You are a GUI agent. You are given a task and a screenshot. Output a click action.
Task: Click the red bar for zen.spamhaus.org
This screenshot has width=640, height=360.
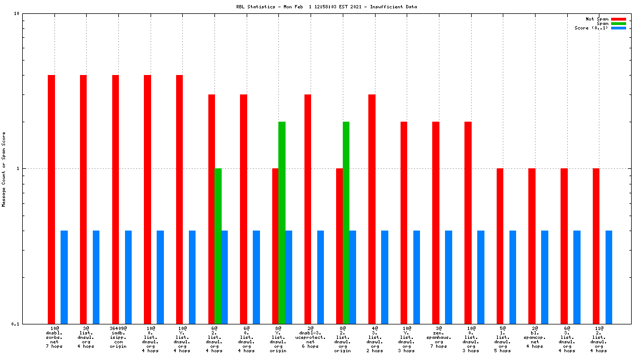[x=436, y=222]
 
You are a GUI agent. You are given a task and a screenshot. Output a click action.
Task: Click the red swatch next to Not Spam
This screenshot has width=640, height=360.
[x=618, y=19]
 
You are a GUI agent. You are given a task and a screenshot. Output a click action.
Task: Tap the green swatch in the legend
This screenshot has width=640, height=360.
[x=618, y=23]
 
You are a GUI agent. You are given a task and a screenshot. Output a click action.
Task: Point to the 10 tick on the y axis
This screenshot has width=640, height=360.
[x=17, y=13]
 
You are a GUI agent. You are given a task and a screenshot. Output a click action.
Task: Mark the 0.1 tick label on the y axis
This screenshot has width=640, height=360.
[x=16, y=324]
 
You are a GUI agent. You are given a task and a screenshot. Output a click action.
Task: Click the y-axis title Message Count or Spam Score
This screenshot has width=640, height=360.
[x=4, y=169]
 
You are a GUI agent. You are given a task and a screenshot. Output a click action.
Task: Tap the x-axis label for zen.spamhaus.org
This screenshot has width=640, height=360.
[x=439, y=337]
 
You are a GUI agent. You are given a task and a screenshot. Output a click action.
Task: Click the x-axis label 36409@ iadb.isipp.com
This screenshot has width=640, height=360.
[x=118, y=337]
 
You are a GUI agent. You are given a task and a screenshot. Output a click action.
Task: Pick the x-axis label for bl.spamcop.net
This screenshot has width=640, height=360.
[x=534, y=337]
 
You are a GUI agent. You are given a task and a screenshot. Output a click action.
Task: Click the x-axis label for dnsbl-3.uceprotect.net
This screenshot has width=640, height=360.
[x=311, y=337]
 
